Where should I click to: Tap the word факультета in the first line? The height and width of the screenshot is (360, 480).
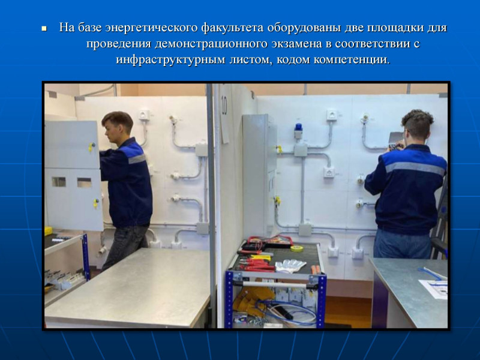pos(232,28)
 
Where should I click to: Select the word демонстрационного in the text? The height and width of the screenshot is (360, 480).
pos(211,44)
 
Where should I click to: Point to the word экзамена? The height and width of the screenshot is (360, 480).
pos(296,44)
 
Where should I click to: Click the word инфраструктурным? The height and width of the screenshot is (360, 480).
pos(171,59)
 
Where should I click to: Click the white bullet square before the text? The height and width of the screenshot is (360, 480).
pos(44,28)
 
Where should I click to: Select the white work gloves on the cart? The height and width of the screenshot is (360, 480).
pos(290,265)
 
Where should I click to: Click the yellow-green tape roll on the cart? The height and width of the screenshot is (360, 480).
pos(296,248)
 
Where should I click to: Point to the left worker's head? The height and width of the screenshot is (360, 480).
pos(116,126)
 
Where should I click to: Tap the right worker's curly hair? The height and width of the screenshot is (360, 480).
pos(418,122)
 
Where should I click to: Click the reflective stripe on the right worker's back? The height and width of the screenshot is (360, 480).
pos(415,168)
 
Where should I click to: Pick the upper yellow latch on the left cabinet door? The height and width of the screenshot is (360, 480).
pos(92,147)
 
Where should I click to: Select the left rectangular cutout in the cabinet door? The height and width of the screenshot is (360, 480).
pos(59,182)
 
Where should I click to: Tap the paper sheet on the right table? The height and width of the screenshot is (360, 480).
pos(434,289)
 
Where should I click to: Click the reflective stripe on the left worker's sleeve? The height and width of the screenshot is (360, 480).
pos(137,159)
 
